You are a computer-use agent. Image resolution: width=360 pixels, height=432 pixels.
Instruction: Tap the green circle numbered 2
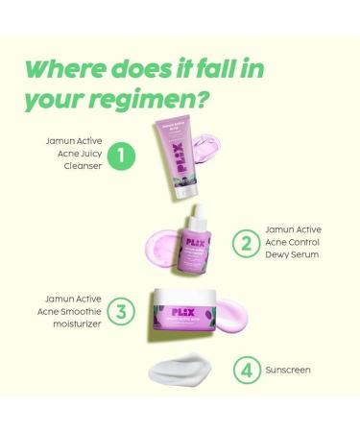coord(246,243)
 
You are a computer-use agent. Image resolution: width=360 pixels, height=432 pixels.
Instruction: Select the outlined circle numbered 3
coord(120,311)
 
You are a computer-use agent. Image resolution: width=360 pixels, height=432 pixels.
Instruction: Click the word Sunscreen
coord(289,370)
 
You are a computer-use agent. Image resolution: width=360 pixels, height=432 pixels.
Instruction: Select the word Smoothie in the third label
coord(84,311)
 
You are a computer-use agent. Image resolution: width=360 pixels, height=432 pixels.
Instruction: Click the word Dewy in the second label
coord(277,256)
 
